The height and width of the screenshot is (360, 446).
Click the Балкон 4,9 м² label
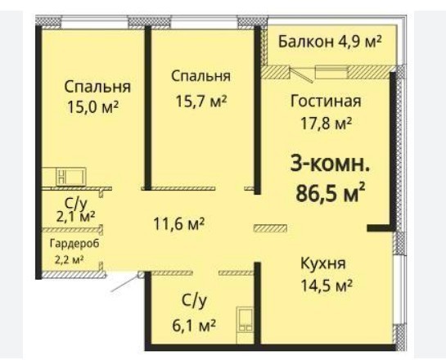click(x=330, y=42)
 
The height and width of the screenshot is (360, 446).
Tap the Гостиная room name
click(x=326, y=101)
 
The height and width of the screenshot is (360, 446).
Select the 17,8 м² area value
click(x=327, y=124)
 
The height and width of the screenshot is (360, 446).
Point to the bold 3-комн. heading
click(x=330, y=164)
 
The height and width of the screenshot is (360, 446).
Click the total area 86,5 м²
click(x=330, y=192)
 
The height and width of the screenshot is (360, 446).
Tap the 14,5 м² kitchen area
click(x=327, y=286)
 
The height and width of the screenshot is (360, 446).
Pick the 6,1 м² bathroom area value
click(x=194, y=326)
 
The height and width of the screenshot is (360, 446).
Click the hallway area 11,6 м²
click(x=179, y=224)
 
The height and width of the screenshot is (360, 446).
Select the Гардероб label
click(x=74, y=245)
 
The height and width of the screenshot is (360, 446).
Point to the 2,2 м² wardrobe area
click(x=69, y=260)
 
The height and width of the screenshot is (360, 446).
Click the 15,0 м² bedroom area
click(x=92, y=107)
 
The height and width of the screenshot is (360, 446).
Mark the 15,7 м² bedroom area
click(x=201, y=101)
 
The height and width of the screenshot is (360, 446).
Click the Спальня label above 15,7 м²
click(x=200, y=77)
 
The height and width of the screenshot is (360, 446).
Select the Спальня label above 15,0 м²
click(x=97, y=87)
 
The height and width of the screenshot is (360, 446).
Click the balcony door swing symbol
click(x=302, y=74)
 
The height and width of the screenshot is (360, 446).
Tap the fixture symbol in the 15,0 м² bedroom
click(x=71, y=176)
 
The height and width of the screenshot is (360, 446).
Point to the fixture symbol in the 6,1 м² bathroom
click(x=246, y=319)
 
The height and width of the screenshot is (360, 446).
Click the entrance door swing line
click(x=125, y=284)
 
